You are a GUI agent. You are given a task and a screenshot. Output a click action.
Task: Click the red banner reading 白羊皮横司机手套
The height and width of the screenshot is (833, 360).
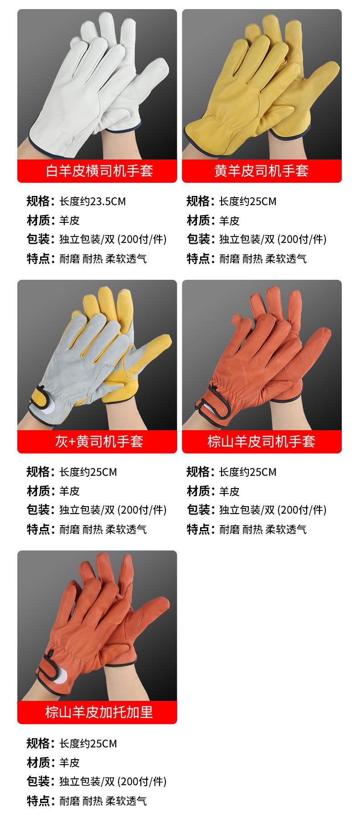(x=97, y=171)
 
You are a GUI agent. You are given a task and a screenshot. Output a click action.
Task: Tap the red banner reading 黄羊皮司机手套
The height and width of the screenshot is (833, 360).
(x=262, y=171)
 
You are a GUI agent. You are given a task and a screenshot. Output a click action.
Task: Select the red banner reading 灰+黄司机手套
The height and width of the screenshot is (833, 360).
(x=97, y=441)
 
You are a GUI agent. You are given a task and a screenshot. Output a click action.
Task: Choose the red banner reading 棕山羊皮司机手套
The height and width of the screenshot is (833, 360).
(x=262, y=441)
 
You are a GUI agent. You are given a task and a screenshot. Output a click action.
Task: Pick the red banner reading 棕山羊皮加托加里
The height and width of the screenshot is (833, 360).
(x=97, y=712)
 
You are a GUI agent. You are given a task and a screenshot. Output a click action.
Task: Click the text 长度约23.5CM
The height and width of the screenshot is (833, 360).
(x=93, y=201)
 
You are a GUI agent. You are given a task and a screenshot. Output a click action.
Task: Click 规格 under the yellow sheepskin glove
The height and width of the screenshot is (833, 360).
(x=198, y=201)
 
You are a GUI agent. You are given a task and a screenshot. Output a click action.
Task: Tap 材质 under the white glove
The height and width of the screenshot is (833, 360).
(x=38, y=221)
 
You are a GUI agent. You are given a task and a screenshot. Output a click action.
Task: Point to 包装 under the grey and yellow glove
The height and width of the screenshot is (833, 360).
(x=38, y=510)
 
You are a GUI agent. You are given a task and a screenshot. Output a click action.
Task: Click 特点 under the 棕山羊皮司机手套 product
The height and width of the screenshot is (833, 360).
(x=198, y=529)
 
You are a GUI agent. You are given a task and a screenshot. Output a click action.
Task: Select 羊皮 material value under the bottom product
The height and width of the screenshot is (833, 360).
(x=69, y=762)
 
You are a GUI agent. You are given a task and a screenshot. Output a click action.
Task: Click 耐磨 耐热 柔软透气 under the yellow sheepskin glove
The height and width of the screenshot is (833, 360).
(x=263, y=259)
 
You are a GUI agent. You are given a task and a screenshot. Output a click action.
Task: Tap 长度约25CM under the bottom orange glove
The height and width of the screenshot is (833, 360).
(x=88, y=744)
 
